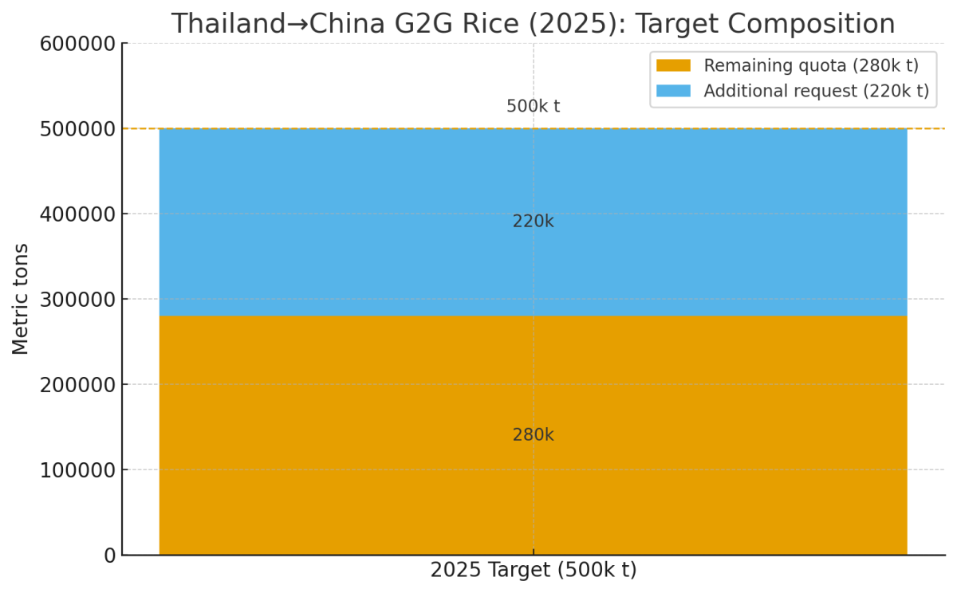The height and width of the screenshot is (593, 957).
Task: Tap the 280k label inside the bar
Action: (533, 435)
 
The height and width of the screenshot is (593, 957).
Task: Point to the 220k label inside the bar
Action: (533, 222)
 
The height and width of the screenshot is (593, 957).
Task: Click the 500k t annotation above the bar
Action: (533, 107)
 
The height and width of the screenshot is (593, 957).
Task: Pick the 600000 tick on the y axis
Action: (77, 44)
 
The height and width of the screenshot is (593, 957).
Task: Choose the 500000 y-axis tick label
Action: (77, 129)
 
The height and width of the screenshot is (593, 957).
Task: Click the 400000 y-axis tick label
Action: (77, 214)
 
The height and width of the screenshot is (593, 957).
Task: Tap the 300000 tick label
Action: (77, 300)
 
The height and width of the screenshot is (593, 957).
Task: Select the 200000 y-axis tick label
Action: (77, 385)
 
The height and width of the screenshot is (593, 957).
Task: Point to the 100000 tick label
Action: (77, 470)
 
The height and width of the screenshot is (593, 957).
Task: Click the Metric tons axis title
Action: (21, 299)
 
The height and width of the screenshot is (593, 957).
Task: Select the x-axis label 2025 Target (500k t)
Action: (533, 571)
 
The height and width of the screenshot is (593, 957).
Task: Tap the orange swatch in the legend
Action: (673, 65)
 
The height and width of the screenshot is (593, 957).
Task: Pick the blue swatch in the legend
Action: (673, 91)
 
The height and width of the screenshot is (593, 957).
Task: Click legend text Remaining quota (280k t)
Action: (810, 65)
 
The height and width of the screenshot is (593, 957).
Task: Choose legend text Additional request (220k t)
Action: (816, 91)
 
